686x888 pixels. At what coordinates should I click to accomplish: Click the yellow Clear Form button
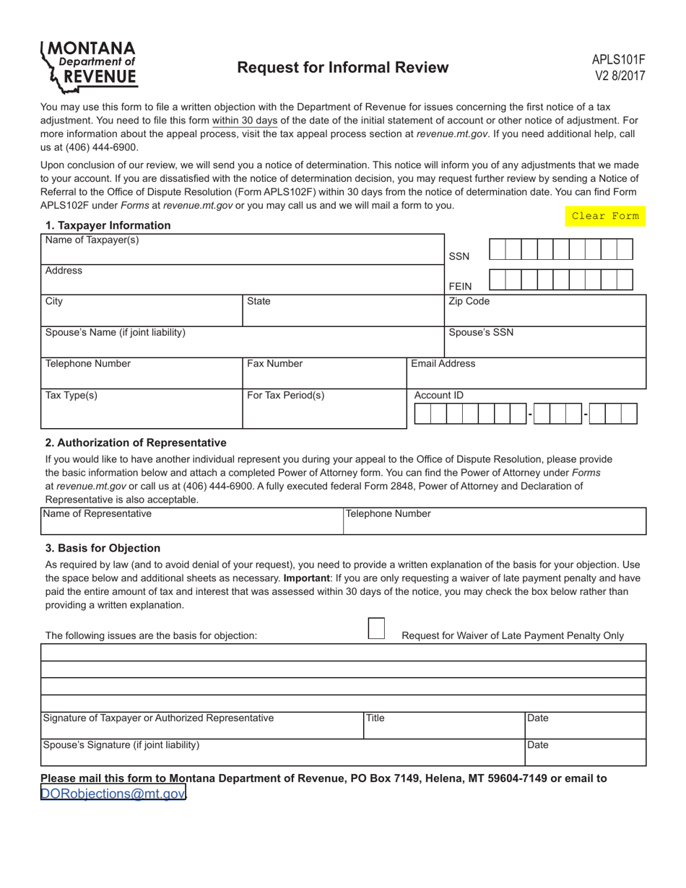click(604, 216)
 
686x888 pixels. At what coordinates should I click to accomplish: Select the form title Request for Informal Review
click(342, 68)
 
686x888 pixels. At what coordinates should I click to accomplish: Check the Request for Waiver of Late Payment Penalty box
click(376, 628)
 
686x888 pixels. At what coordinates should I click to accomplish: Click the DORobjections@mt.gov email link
click(113, 794)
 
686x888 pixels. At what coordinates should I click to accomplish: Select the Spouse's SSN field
click(544, 345)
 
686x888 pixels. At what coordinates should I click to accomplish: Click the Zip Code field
click(544, 313)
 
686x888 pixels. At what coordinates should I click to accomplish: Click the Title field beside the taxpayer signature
click(443, 728)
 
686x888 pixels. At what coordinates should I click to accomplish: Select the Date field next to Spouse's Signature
click(585, 755)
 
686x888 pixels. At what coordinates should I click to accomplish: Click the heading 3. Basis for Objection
click(103, 548)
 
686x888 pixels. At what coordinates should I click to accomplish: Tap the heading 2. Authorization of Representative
click(136, 443)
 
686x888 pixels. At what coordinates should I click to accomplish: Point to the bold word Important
click(306, 578)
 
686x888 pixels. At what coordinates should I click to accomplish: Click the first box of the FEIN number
click(498, 280)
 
